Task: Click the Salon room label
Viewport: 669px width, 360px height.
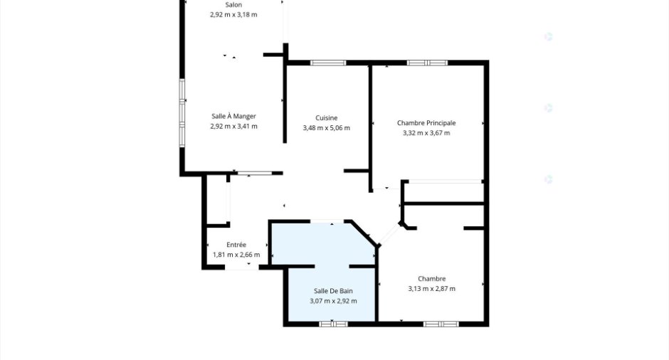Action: click(233, 5)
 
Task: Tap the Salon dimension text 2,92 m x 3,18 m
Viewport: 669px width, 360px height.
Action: click(233, 14)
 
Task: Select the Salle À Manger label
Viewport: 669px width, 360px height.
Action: click(234, 116)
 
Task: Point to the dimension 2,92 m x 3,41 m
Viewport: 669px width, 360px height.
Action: click(234, 126)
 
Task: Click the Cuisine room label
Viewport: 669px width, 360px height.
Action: click(327, 117)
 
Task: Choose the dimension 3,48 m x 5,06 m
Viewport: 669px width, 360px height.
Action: click(327, 128)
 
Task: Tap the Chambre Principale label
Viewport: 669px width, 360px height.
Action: click(426, 123)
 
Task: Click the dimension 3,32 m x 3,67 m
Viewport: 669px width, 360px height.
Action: click(426, 133)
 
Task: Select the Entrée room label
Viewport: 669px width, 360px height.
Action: click(236, 245)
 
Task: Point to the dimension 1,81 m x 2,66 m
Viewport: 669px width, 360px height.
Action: click(236, 255)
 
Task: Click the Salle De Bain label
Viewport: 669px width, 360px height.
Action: click(333, 291)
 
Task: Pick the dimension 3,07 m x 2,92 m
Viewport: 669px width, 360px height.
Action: click(333, 301)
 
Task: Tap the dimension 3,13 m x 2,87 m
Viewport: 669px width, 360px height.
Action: click(432, 289)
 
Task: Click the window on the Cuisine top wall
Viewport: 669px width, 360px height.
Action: click(328, 63)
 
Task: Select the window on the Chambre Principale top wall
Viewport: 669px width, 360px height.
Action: click(427, 63)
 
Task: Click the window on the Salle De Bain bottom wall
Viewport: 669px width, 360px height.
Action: click(333, 324)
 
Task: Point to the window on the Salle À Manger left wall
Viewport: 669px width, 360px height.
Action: click(182, 113)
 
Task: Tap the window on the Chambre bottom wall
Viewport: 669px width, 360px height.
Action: click(441, 324)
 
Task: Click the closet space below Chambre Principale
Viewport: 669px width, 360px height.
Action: click(443, 192)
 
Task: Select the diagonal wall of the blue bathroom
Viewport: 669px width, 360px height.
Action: click(363, 233)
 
